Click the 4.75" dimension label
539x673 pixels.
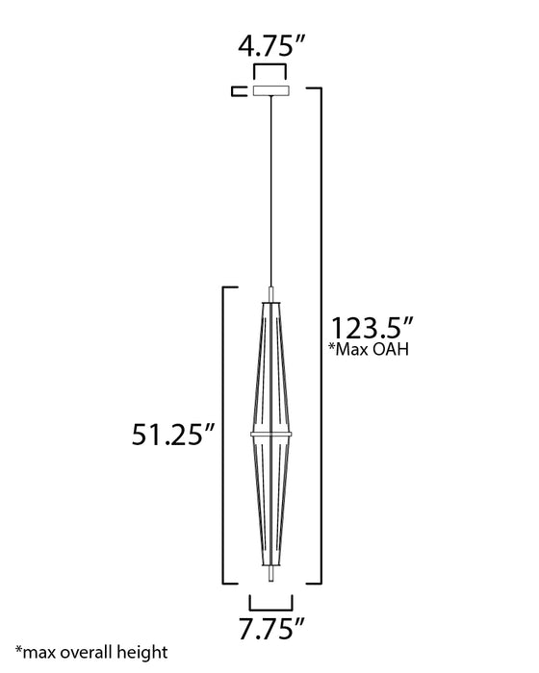click(271, 45)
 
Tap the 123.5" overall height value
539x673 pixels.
click(372, 329)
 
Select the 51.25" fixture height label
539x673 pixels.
click(173, 435)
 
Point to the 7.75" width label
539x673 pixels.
click(271, 629)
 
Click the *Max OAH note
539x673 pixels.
click(369, 349)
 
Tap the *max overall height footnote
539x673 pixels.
click(91, 653)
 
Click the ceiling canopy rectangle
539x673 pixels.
click(271, 90)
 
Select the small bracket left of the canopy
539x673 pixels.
click(239, 91)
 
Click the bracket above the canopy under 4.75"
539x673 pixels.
click(269, 65)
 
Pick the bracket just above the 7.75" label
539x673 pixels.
click(270, 609)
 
